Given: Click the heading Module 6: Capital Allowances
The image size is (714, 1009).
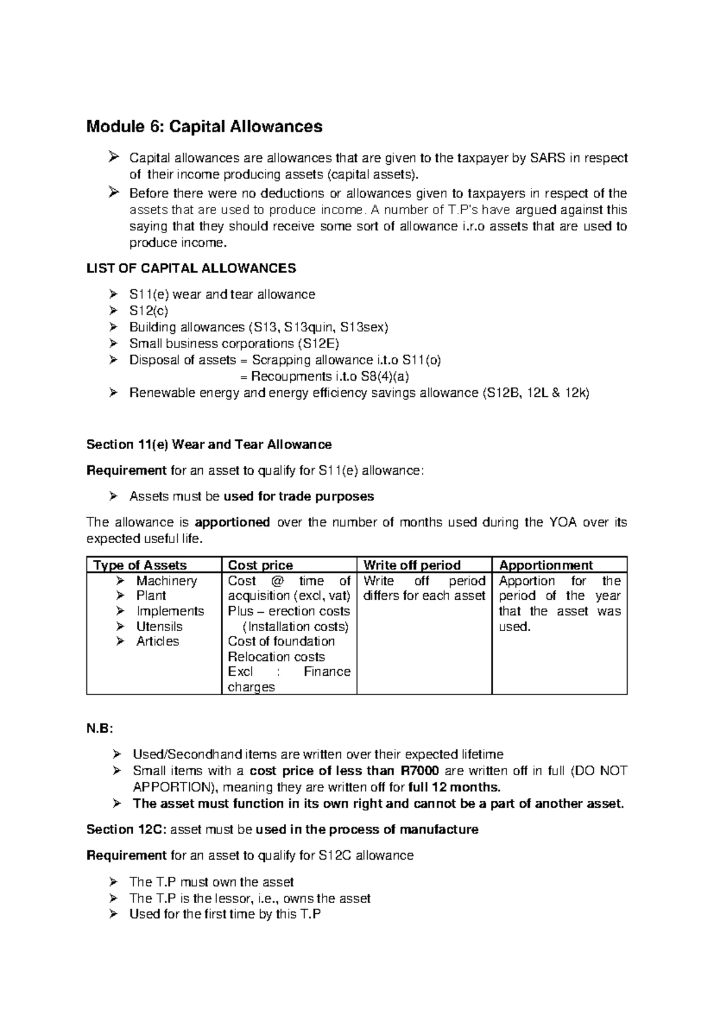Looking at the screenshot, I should pyautogui.click(x=204, y=127).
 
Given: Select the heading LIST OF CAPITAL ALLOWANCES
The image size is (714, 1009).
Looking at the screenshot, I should pyautogui.click(x=191, y=268).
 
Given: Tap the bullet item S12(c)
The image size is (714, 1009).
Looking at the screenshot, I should pyautogui.click(x=149, y=311).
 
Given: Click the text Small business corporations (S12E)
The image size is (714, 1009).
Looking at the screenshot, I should pyautogui.click(x=234, y=344).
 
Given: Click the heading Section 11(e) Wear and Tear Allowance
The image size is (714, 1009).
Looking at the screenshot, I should pyautogui.click(x=209, y=444).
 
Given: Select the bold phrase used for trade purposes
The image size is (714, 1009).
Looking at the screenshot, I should pyautogui.click(x=299, y=496).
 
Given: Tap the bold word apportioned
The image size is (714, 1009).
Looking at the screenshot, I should pyautogui.click(x=233, y=522).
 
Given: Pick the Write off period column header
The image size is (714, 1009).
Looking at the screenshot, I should pyautogui.click(x=412, y=565).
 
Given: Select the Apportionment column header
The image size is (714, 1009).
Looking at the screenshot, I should pyautogui.click(x=546, y=565).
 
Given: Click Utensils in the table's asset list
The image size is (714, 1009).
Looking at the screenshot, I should pyautogui.click(x=159, y=626).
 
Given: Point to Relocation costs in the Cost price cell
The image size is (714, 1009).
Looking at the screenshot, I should pyautogui.click(x=276, y=657).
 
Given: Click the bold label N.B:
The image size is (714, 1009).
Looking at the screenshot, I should pyautogui.click(x=99, y=729).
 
